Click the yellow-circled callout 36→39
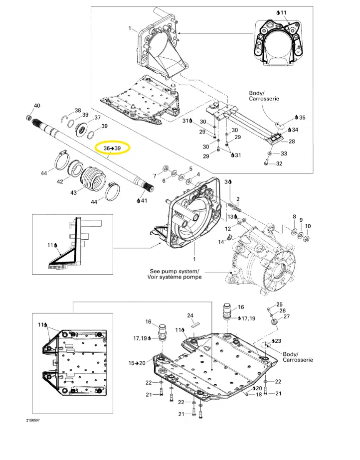(x=112, y=148)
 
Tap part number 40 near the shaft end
(x=36, y=106)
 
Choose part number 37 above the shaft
(x=97, y=118)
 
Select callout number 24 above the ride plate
(x=190, y=315)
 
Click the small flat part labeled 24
(x=193, y=323)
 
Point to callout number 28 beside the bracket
(x=292, y=142)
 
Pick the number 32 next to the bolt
(x=279, y=163)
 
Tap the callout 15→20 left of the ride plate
(x=139, y=363)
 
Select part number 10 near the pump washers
(x=307, y=226)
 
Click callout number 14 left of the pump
(x=221, y=242)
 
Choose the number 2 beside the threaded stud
(x=238, y=199)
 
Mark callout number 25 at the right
(x=279, y=304)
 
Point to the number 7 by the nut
(x=155, y=175)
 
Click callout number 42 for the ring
(x=60, y=181)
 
